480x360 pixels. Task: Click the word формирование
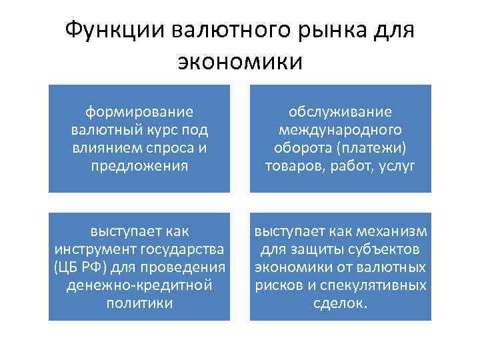point(139,112)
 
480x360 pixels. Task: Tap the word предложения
point(139,165)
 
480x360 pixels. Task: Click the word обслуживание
point(340,112)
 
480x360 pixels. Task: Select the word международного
point(340,129)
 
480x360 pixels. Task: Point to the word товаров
point(292,165)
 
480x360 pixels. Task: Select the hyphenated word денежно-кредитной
point(139,285)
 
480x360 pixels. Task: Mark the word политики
point(139,303)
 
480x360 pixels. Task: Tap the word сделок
point(340,303)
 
